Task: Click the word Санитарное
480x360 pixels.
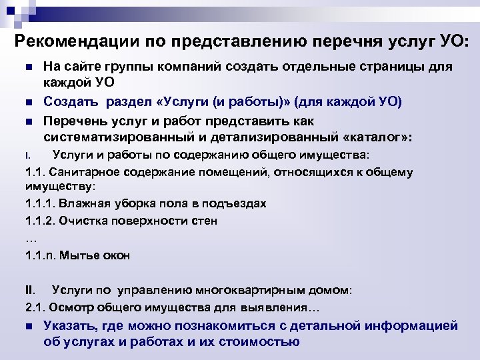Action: click(88, 172)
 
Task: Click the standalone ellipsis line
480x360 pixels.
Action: click(30, 237)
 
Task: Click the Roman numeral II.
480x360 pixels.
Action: click(29, 290)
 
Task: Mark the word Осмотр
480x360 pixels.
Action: click(72, 307)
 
